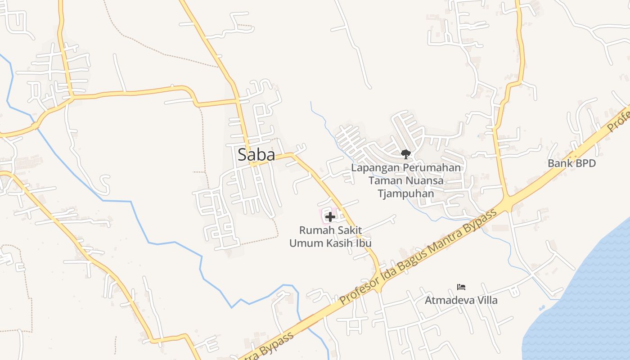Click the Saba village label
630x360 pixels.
[256, 155]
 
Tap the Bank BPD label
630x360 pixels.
[571, 163]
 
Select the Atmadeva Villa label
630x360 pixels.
[461, 300]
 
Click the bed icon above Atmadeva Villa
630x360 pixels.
[461, 287]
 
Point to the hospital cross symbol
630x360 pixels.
[330, 217]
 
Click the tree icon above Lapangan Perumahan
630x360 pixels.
[405, 154]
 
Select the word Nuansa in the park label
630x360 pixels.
[423, 181]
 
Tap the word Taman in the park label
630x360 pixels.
[383, 181]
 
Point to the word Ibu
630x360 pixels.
[363, 243]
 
